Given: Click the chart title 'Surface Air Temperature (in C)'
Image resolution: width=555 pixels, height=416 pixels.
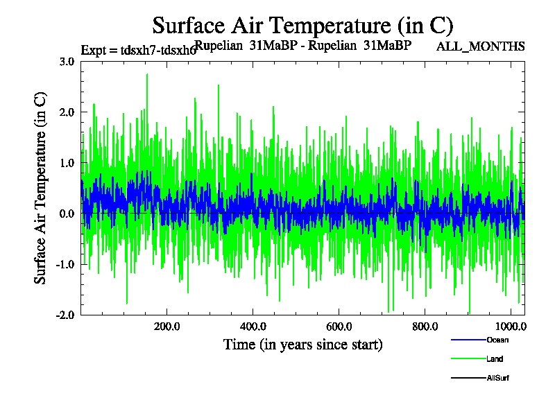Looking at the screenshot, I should point(302,26).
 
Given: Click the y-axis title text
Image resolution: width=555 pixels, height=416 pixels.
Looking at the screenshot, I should point(41,187).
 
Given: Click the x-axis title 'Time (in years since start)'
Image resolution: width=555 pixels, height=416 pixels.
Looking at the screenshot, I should point(302,345).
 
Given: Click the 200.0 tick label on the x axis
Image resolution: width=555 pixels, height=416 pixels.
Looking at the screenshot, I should point(166,327).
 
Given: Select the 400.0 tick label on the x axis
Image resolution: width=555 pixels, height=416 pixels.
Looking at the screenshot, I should point(253,327).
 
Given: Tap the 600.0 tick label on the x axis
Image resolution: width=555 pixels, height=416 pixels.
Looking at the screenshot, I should point(339,327).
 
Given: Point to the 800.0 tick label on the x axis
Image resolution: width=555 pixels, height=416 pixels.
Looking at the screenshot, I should point(424,327).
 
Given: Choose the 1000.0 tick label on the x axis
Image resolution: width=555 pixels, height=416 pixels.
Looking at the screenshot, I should point(510,327).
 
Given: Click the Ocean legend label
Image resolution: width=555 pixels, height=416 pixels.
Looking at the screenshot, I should point(497,340).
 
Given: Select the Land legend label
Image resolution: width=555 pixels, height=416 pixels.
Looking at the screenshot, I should point(495,359).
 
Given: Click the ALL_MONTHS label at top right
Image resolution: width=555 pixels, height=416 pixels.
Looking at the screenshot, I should point(480,46).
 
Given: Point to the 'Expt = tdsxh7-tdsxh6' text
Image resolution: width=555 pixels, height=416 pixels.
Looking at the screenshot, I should point(138,50).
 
